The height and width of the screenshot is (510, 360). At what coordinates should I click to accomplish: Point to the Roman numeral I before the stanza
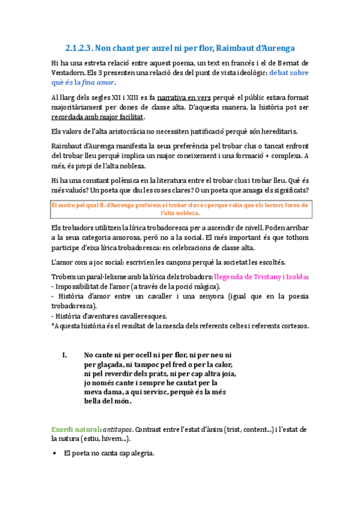[x=65, y=355]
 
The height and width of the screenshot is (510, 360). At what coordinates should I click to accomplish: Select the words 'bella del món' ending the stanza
[x=109, y=401]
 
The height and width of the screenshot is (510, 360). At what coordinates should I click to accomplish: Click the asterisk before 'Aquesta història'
[x=52, y=327]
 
